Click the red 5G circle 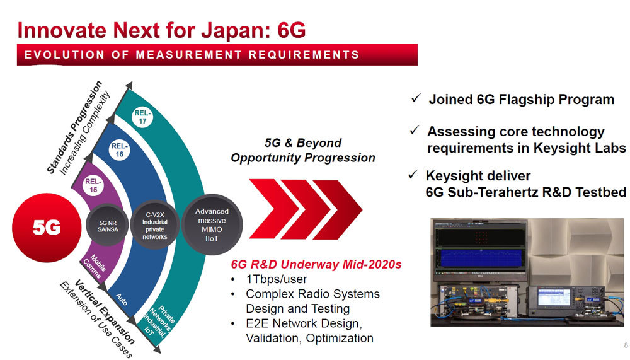(47, 228)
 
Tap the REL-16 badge (119, 150)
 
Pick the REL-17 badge (142, 117)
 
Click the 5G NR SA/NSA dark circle (108, 226)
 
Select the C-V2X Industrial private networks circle (155, 225)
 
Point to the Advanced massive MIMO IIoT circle (212, 224)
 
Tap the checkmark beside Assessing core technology (415, 131)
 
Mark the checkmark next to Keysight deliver (413, 175)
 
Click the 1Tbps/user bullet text (277, 279)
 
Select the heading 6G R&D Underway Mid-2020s (316, 264)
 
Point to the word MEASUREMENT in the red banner (189, 55)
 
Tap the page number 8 (626, 345)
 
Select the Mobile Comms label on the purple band (94, 266)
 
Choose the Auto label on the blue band (122, 299)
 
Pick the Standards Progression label (74, 127)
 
